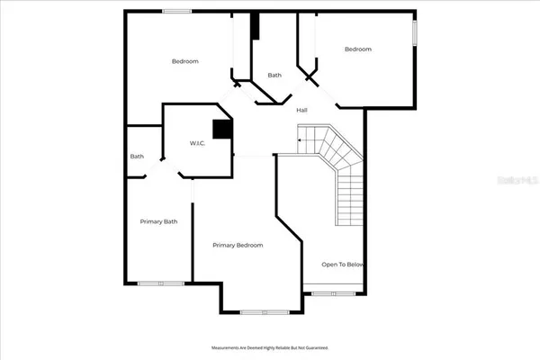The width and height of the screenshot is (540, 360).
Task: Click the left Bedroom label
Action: [184, 61]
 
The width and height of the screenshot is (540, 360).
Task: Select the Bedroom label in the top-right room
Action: [358, 49]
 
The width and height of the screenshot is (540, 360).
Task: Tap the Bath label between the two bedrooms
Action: [274, 76]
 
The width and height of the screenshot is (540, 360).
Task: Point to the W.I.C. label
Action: [198, 143]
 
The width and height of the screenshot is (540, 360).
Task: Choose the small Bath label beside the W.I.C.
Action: [137, 157]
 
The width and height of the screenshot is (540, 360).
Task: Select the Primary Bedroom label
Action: [238, 245]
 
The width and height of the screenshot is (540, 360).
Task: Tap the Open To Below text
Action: [343, 265]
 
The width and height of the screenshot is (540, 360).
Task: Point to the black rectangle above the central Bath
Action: [255, 26]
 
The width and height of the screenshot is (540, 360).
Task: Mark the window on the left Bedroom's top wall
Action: [176, 11]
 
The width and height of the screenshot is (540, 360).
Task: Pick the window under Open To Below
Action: [334, 293]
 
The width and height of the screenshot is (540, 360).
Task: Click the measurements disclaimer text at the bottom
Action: [270, 346]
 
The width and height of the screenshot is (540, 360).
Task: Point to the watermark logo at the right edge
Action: [522, 179]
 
